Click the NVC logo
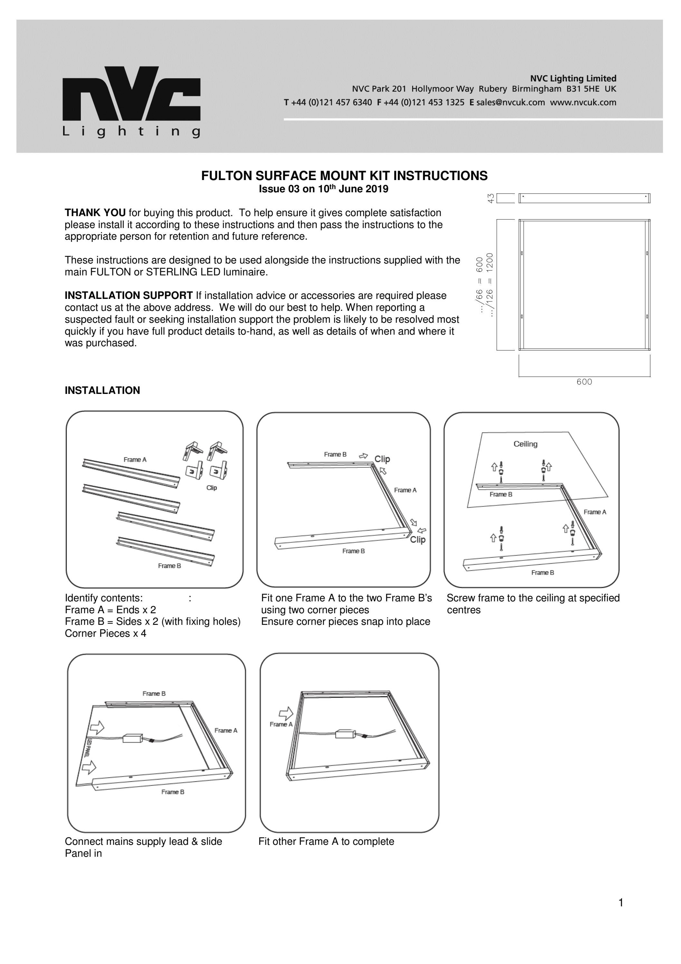131,101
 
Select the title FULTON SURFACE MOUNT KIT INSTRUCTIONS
344,176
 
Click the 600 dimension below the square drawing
584,382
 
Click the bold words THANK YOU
95,213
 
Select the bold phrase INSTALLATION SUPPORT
128,296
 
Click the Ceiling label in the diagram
525,444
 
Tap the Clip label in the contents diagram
212,487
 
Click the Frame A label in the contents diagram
135,459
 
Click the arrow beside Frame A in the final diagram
286,713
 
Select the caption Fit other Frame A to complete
326,841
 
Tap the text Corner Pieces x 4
105,633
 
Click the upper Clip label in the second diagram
382,459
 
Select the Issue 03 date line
323,189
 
